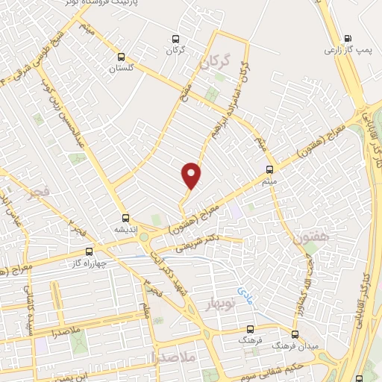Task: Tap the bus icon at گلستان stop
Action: tap(122, 56)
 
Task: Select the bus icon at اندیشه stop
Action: tap(125, 219)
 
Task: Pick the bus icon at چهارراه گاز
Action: tap(90, 251)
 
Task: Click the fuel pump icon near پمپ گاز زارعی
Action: tap(346, 39)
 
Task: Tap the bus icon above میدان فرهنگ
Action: tap(295, 334)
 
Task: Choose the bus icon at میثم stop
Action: tap(269, 169)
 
